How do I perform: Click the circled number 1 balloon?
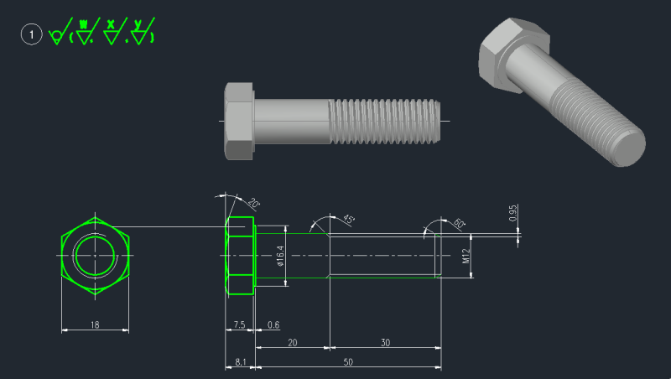[32, 34]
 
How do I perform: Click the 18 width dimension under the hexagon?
[95, 324]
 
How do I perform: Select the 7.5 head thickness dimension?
[239, 324]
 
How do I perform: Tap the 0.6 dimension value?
[273, 324]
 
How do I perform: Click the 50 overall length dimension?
[347, 362]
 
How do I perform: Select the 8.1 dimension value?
[240, 362]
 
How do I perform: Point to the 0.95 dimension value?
[512, 215]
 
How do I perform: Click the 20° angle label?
[253, 204]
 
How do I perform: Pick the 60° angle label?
[460, 224]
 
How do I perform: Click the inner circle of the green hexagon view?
[94, 255]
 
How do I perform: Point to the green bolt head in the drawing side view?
[240, 256]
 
